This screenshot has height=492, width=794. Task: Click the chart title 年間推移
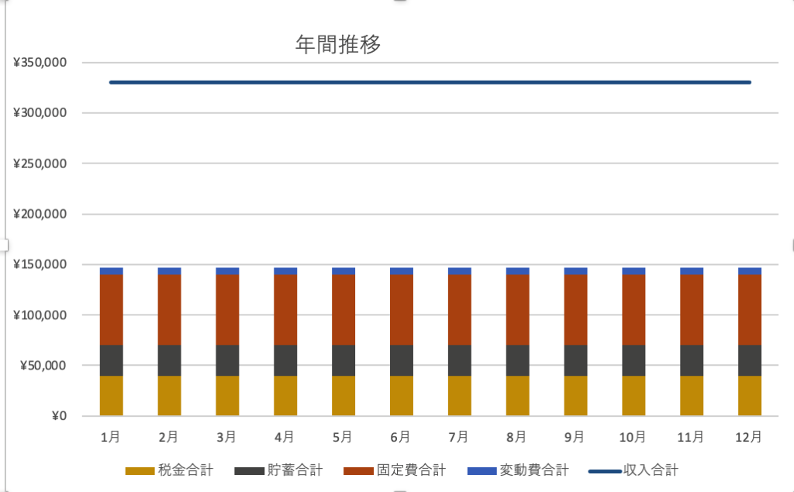point(338,44)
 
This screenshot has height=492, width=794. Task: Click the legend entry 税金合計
point(185,470)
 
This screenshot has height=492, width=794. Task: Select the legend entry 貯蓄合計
point(295,470)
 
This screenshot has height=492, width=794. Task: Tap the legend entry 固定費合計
point(411,470)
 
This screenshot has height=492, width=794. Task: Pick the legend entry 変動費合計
point(533,470)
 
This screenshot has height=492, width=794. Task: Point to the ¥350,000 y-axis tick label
point(40,63)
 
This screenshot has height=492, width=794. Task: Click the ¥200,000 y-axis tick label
point(40,214)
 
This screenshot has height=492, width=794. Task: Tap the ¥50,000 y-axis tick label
point(43,366)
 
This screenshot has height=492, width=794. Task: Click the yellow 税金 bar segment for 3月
point(227,396)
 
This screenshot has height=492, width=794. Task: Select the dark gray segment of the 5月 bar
point(343,360)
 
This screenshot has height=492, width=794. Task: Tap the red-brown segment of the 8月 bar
point(517,310)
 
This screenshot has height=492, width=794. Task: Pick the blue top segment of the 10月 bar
point(633,271)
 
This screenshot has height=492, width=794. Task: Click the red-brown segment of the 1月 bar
point(111,310)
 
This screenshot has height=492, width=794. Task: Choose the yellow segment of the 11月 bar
point(692,396)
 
